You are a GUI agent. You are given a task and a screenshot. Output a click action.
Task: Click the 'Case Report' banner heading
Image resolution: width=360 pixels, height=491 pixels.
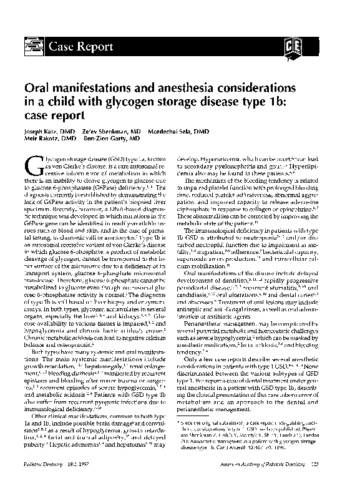(78, 45)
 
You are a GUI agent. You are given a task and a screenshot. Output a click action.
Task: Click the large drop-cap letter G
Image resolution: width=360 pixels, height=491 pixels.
(34, 167)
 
